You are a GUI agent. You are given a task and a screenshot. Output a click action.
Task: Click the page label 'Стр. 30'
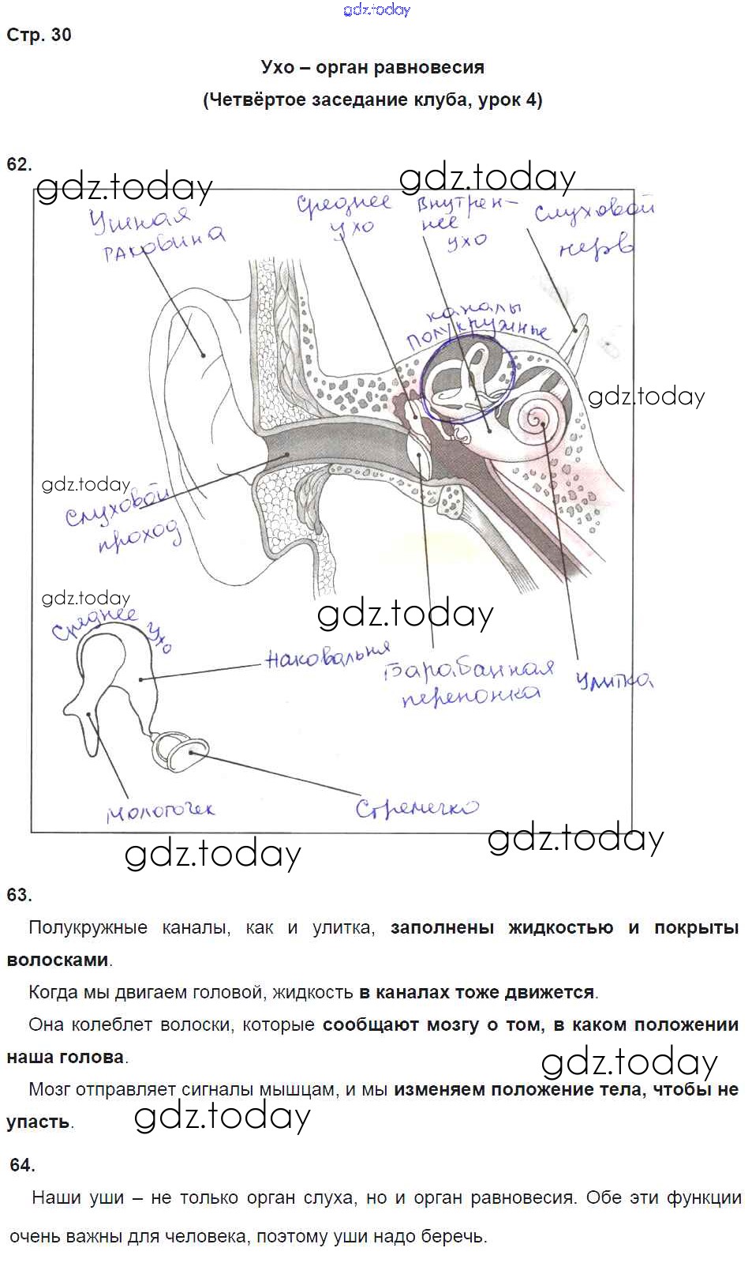39,35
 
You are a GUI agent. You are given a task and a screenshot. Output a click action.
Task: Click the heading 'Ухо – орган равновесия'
372,68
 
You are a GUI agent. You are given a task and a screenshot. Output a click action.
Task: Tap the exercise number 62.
19,164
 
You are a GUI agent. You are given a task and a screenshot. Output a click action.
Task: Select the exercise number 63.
19,895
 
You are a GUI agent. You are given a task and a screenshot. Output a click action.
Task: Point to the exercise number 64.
22,1165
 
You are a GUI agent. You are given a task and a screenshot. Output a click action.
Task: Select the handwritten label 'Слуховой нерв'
593,229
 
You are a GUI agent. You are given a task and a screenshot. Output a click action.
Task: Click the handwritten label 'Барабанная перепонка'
470,682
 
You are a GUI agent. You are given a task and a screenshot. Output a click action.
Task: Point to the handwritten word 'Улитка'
615,679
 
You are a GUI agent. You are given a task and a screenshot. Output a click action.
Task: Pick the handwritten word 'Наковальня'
328,655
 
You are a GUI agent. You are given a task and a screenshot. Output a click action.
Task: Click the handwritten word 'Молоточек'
161,810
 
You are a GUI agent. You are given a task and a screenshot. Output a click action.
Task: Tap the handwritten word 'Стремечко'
416,807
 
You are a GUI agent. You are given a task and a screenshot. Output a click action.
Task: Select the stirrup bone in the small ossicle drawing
178,751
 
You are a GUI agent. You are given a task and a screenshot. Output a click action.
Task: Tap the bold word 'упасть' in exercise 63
38,1122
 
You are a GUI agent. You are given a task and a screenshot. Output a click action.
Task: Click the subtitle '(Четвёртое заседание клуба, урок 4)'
372,100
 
